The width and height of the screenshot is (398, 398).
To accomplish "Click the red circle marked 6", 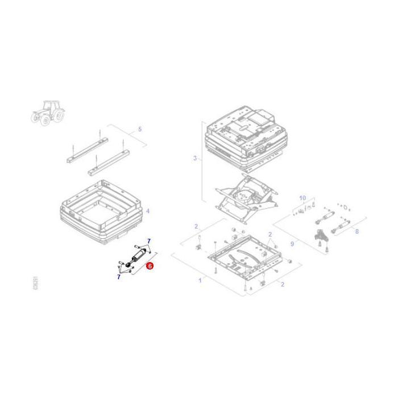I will click(x=150, y=265).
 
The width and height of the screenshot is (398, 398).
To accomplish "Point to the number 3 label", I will click(x=194, y=158).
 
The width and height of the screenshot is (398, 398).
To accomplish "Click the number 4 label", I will click(x=148, y=211).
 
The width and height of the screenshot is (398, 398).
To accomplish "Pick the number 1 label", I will click(x=200, y=280).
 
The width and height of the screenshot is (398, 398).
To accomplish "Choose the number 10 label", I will click(x=302, y=198).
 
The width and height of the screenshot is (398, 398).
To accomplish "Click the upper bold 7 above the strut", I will click(x=148, y=241).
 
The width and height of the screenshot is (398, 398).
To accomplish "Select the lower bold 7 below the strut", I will click(x=119, y=277).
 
